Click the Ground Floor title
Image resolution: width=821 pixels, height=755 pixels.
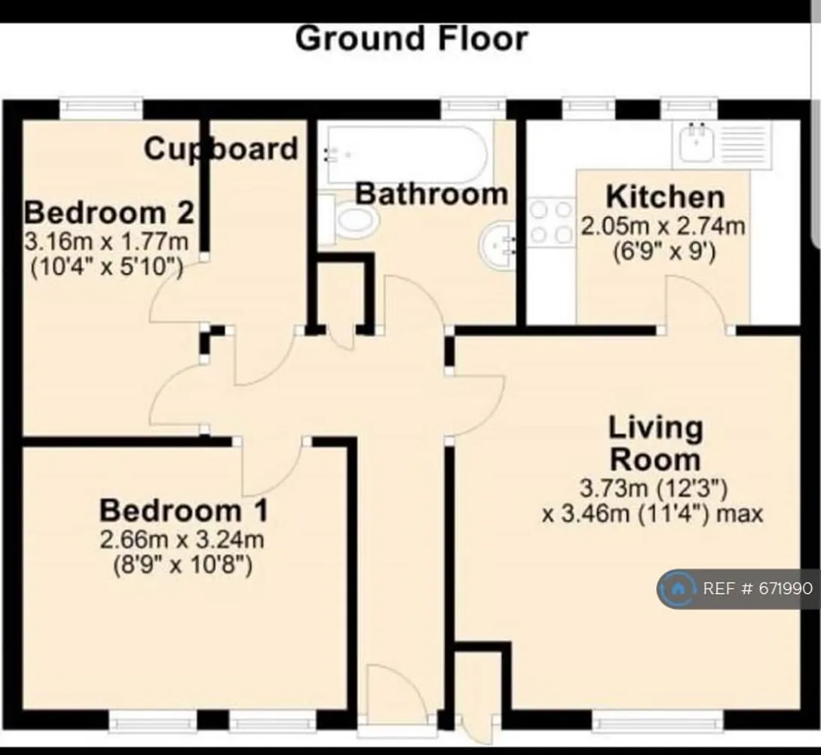pos(412,39)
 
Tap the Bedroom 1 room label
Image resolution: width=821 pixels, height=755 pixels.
pos(184,511)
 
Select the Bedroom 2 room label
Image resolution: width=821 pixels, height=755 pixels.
pos(109,213)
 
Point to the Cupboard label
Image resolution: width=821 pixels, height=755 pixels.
pos(221,149)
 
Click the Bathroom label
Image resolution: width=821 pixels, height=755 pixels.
pos(431,194)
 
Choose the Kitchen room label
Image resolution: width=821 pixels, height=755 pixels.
pos(666,197)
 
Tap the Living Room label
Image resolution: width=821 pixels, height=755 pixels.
pos(655,444)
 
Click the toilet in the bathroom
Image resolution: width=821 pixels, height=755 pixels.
pos(348,221)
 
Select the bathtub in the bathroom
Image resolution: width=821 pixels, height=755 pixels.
pos(406,154)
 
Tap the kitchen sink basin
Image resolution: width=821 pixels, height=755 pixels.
pos(696,143)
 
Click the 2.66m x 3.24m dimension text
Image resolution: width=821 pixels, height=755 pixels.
pos(182,540)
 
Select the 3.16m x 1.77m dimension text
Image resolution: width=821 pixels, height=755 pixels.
pos(106,243)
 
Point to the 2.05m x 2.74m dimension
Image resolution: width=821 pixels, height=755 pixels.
pos(663,227)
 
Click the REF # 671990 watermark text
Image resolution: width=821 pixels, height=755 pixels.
pos(758,588)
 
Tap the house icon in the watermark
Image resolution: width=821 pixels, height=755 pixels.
pos(678,588)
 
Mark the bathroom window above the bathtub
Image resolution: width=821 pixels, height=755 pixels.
pos(473,108)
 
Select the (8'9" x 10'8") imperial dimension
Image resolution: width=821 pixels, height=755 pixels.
pos(182,566)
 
